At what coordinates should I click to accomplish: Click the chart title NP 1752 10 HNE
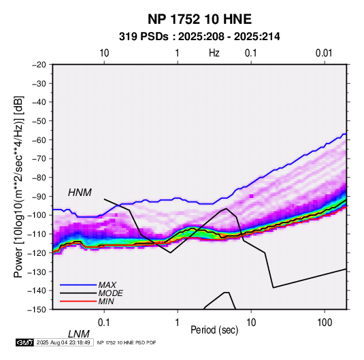199,19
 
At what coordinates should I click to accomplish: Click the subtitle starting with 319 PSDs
199,37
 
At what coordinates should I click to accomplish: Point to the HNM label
80,193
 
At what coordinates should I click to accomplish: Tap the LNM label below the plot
79,334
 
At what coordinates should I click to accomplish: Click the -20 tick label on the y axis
39,65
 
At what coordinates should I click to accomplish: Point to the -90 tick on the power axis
39,196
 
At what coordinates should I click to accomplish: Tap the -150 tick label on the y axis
37,310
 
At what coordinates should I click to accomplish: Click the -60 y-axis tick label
39,140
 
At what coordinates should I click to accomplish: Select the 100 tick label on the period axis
325,323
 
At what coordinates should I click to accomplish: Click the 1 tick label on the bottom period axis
178,323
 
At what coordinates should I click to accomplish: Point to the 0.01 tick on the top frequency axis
324,53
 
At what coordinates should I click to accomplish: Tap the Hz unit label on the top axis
214,53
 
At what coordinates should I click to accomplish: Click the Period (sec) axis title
214,330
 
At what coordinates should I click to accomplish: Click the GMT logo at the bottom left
25,342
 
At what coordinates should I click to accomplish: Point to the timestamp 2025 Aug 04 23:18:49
63,342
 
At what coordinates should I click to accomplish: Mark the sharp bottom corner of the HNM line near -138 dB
274,288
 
